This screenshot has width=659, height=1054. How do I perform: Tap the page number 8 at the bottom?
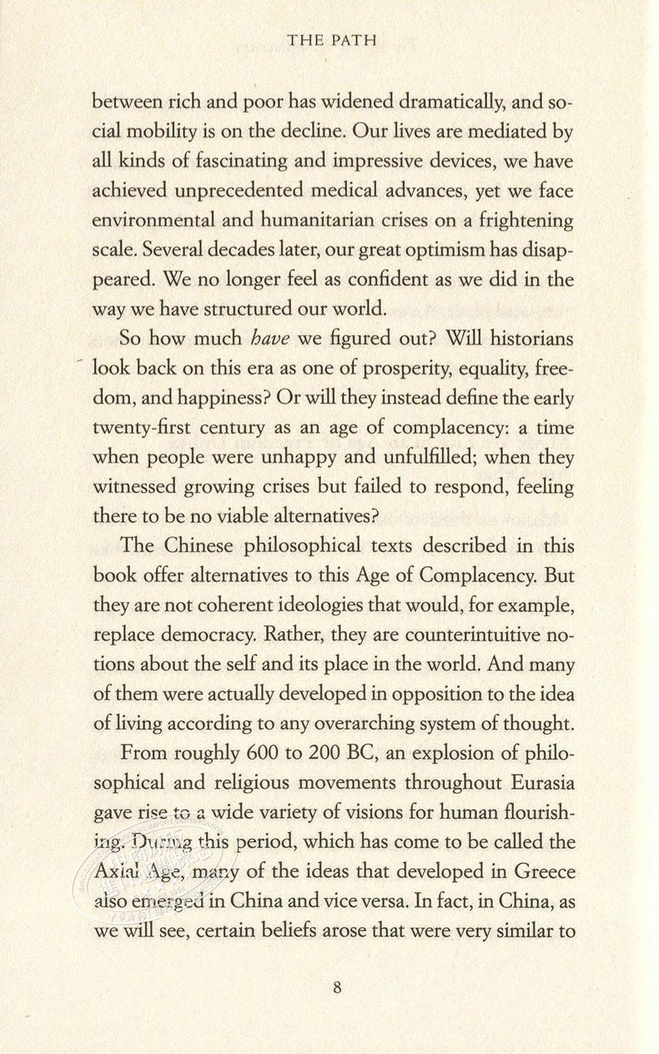pos(337,988)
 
